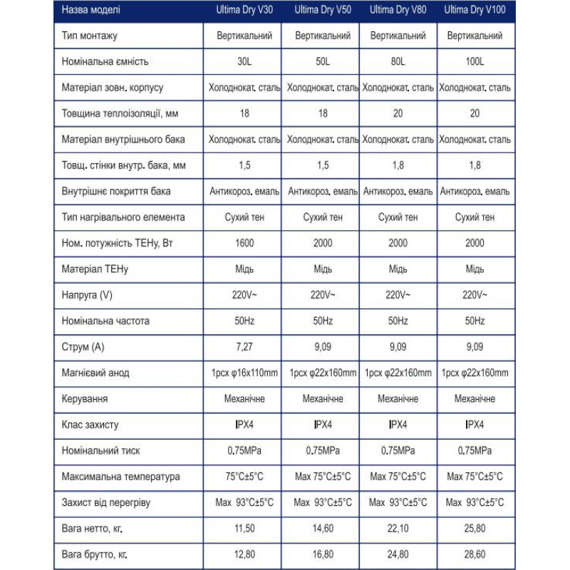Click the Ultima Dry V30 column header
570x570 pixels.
244,11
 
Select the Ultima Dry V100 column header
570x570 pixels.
475,11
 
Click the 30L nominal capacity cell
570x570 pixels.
244,61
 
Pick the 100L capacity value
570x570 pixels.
475,61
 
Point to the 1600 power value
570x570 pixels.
244,243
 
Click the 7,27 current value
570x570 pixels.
244,347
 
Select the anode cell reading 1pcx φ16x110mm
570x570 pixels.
244,373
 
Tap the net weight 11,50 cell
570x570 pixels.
244,528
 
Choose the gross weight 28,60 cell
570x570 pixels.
475,554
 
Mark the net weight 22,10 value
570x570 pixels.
398,528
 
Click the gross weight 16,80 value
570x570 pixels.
323,554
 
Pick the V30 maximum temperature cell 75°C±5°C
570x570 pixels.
244,477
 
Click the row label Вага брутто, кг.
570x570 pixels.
99,554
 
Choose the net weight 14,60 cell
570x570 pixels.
323,528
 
